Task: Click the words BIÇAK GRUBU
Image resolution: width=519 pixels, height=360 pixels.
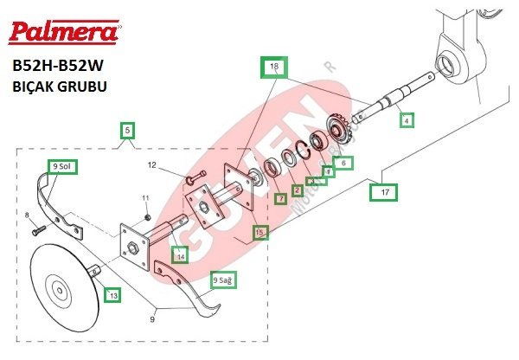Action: tap(60, 87)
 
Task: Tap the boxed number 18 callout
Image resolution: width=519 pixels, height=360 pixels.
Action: tap(275, 67)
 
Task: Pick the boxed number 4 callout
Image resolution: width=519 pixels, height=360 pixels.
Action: tap(407, 120)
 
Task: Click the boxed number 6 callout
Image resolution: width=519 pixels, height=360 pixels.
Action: tap(343, 162)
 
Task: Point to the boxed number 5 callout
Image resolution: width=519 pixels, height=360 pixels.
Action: tap(127, 132)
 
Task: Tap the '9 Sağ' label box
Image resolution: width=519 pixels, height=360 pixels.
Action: tap(224, 280)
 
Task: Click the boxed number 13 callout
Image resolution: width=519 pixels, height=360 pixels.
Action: tap(112, 295)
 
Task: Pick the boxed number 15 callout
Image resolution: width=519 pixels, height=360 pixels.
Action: tap(260, 232)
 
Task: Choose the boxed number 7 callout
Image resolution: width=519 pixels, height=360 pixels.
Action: tap(280, 199)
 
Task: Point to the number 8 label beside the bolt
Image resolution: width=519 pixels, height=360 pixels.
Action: tap(27, 215)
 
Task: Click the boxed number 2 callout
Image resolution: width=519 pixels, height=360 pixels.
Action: tap(297, 190)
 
